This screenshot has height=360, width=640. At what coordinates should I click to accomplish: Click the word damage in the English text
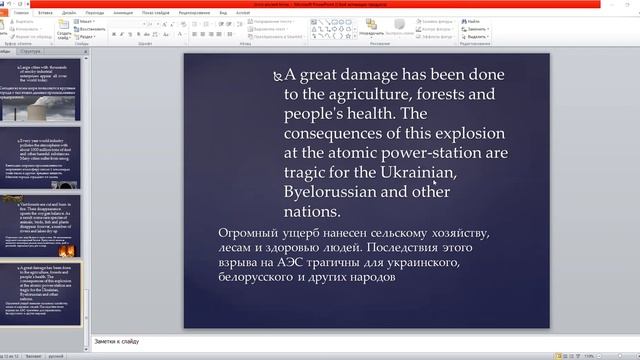[376, 75]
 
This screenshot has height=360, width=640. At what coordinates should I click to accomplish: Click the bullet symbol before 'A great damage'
[277, 75]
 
